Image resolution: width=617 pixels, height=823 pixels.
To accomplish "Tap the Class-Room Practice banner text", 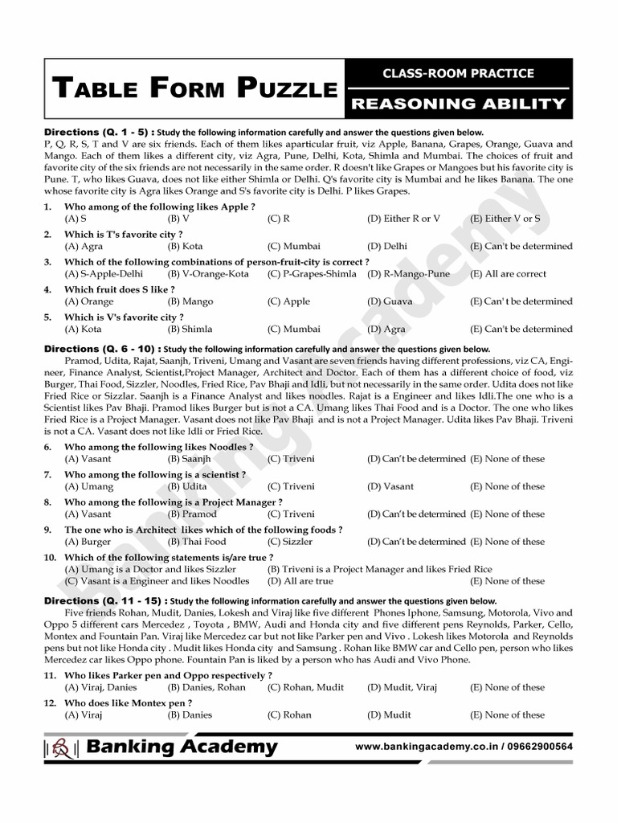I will click(458, 73).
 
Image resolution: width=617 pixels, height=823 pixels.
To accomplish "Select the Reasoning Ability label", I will click(459, 103).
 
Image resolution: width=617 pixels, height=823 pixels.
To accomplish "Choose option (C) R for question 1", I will click(279, 219).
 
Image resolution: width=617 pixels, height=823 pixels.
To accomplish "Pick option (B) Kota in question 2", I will click(185, 246).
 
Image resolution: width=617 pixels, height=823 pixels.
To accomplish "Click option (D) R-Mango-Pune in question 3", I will click(409, 274).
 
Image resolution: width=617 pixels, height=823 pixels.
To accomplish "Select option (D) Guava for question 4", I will click(390, 301).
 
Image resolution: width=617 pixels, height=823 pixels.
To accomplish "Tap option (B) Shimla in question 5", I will click(190, 329).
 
